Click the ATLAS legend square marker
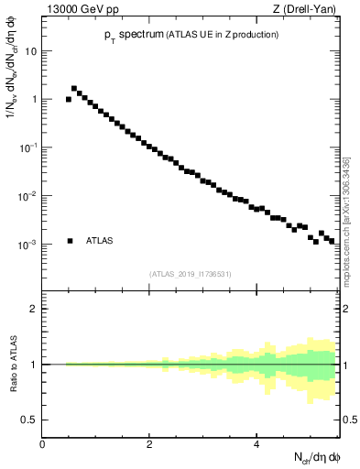(70, 241)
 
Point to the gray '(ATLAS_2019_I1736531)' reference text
(191, 274)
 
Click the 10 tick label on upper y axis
(30, 51)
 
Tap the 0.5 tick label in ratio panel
(30, 420)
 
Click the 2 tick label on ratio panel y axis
(34, 309)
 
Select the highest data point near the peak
(74, 89)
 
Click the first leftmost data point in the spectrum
(69, 99)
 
